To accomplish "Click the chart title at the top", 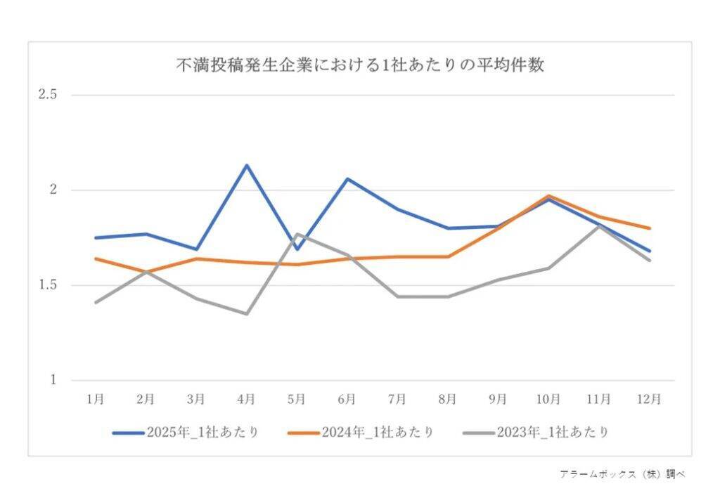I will click(359, 65).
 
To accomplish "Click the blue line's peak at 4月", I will click(246, 165).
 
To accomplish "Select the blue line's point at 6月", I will click(347, 178).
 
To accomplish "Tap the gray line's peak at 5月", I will click(297, 234).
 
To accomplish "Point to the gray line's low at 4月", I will click(246, 313).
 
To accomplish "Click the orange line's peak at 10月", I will click(548, 196).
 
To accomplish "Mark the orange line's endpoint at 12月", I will click(649, 228).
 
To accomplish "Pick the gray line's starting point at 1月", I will click(96, 302).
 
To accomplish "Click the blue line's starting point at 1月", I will click(96, 237).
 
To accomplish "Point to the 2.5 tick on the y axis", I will click(48, 95).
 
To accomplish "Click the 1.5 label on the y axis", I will click(48, 285).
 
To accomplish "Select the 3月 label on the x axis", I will click(196, 399).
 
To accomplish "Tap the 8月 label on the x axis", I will click(448, 399).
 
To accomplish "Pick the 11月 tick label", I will click(598, 399).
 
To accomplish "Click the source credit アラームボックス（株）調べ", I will click(622, 474).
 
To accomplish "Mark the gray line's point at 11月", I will click(598, 225).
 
